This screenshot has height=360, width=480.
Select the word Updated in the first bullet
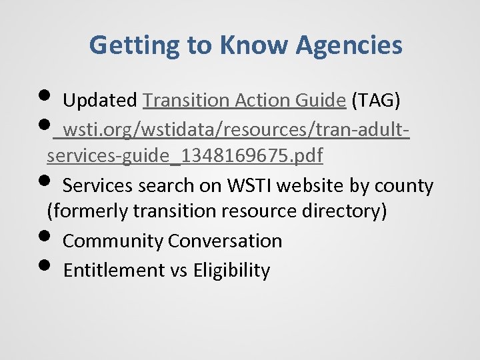pos(99,101)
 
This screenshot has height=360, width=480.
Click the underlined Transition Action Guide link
pos(245,101)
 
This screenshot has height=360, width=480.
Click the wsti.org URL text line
pos(234,128)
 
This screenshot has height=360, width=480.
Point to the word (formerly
pos(87,211)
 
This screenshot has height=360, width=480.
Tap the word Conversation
pos(225,241)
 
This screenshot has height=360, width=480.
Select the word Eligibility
pos(231,270)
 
